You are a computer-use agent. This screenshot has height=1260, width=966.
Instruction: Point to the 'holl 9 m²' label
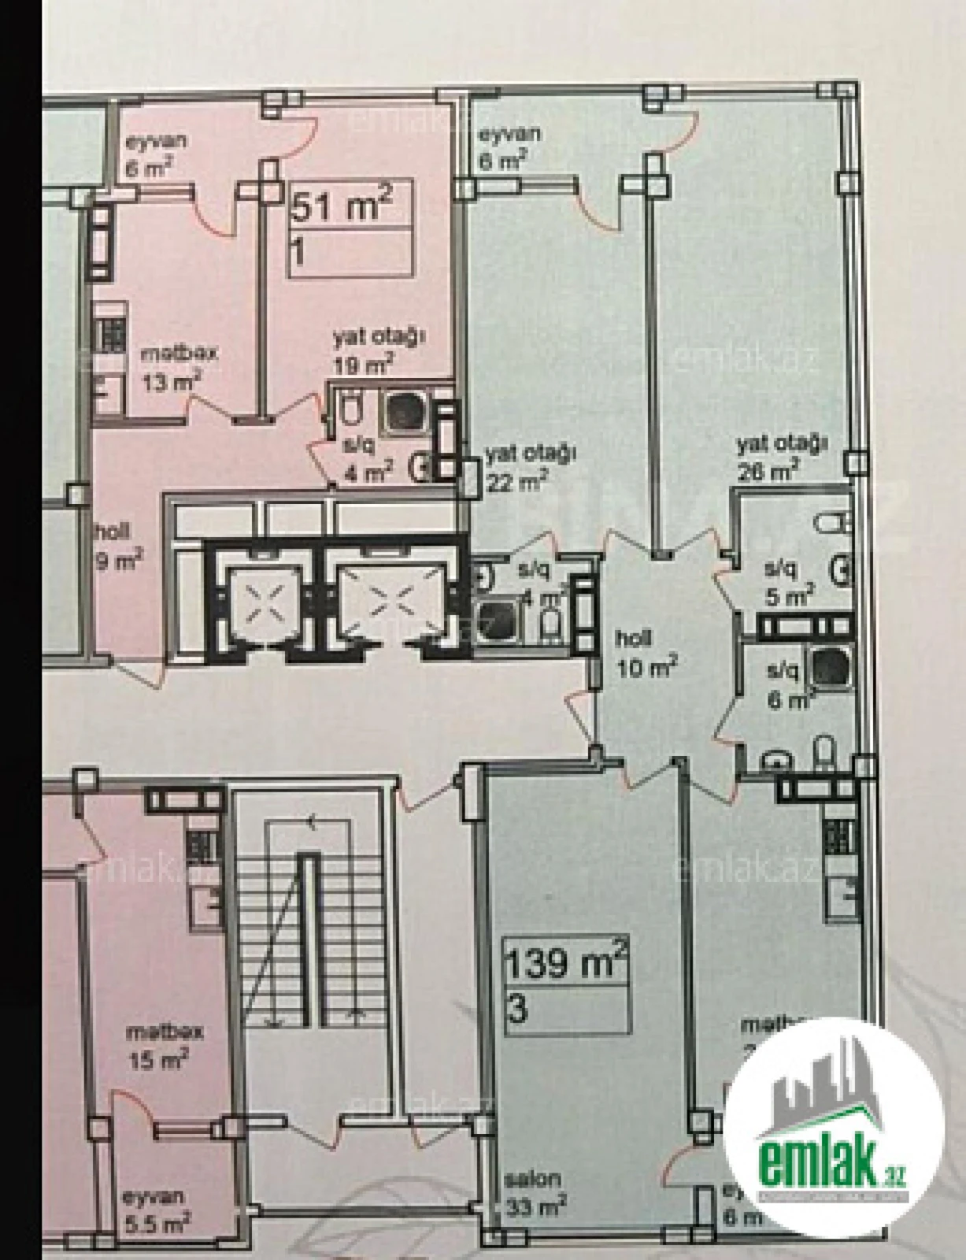point(118,545)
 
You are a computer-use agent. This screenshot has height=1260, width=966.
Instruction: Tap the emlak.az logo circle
point(834,1126)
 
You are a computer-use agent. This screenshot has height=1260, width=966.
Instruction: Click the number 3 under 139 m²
point(518,1010)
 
